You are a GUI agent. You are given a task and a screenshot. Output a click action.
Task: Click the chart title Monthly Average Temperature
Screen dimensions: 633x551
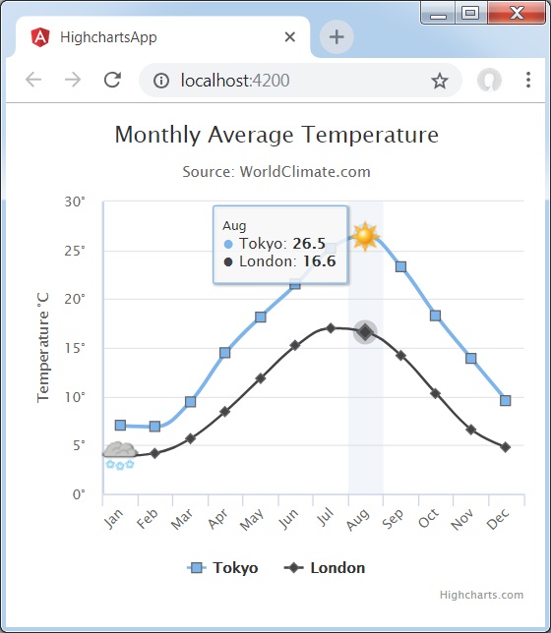tap(276, 135)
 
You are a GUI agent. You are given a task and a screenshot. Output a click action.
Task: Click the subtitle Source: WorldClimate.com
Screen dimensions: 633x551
tap(276, 171)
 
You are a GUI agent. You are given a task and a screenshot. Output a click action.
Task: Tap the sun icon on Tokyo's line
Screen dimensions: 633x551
tap(365, 236)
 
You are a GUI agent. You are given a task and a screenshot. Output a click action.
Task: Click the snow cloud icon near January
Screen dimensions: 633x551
tap(120, 454)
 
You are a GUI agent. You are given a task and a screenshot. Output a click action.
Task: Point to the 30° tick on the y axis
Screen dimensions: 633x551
tap(75, 201)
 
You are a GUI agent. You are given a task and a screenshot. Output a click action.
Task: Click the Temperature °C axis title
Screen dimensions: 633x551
tap(43, 348)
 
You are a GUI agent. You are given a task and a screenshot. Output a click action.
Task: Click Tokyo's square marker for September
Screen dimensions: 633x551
tap(400, 266)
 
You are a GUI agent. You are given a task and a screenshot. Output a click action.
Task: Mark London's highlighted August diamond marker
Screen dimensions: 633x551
tap(365, 332)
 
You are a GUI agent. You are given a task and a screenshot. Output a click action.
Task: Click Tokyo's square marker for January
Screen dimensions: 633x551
tap(120, 426)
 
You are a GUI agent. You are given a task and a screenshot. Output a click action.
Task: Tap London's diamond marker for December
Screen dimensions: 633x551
tap(506, 447)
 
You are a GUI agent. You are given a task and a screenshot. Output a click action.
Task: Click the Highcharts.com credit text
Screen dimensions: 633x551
tap(481, 595)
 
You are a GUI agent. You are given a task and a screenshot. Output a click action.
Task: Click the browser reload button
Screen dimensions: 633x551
tap(112, 81)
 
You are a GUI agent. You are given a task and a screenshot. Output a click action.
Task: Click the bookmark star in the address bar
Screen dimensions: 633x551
tap(439, 81)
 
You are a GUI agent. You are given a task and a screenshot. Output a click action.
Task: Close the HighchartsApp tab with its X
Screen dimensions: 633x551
tap(290, 37)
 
